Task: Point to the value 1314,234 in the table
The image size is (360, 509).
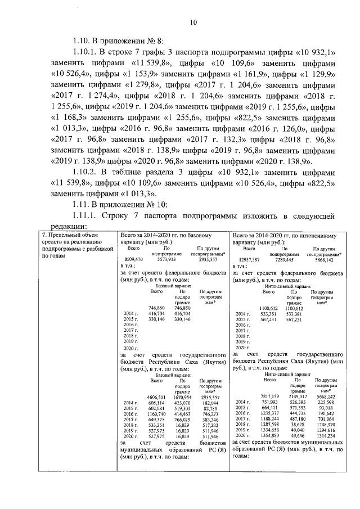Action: [x=324, y=435]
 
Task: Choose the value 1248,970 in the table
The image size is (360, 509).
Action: [x=324, y=425]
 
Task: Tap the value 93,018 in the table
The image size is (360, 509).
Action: [x=325, y=407]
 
